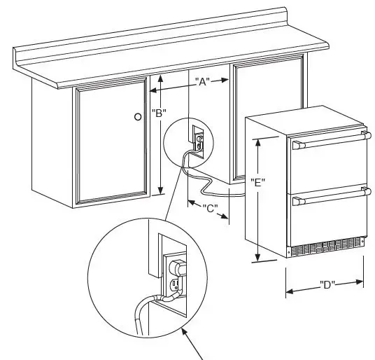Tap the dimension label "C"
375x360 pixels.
point(209,208)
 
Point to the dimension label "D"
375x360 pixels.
point(326,284)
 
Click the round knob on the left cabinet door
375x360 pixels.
point(138,116)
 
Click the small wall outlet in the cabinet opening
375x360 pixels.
point(198,138)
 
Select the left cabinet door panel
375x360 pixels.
point(112,146)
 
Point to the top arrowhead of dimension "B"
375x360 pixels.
point(161,78)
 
